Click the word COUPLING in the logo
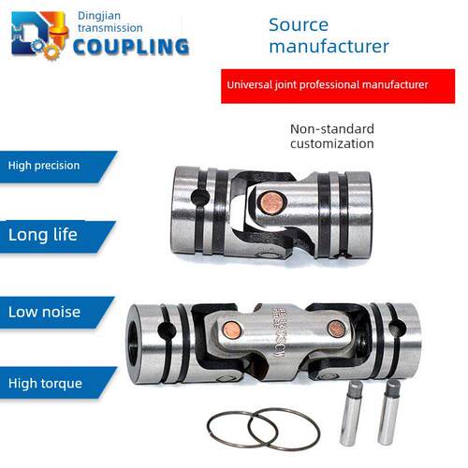131,47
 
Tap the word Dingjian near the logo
99,16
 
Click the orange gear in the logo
51,51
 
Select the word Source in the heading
299,25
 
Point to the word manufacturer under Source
329,46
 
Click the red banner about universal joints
338,86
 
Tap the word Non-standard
332,129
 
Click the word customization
332,144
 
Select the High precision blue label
58,167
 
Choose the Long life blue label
58,236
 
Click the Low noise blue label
57,313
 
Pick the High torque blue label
58,383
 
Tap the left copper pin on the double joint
232,330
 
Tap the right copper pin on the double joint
336,329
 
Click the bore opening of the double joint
134,344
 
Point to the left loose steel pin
351,413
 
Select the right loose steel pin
388,412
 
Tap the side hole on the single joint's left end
199,197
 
